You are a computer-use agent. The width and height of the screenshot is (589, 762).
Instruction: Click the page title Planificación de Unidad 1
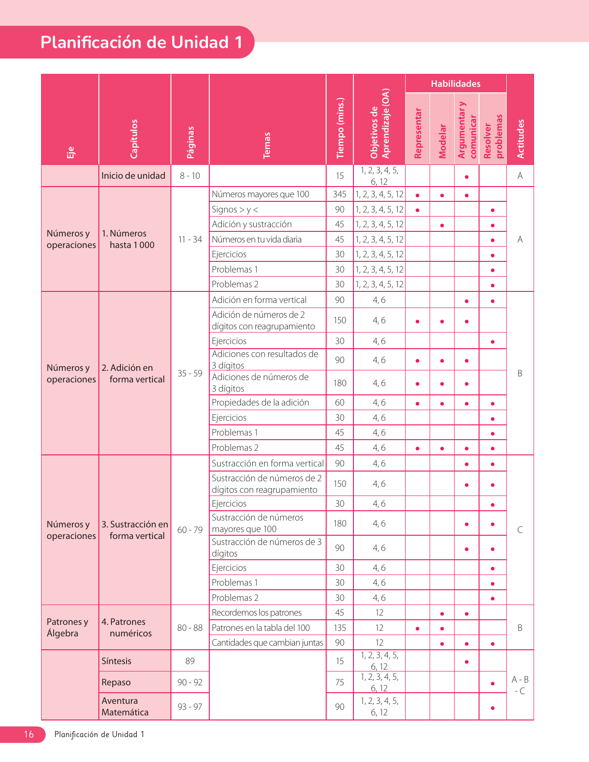point(141,42)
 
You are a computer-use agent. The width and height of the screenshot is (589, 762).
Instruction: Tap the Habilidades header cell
point(455,84)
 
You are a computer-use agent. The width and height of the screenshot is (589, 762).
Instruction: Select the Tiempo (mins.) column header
point(340,128)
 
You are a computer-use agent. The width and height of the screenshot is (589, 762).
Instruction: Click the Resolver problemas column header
point(492,136)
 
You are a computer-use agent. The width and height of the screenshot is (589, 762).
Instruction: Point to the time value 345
point(340,194)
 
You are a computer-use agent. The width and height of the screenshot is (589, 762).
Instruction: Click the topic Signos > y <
point(235,210)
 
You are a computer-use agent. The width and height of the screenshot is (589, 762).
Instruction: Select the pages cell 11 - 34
point(190,239)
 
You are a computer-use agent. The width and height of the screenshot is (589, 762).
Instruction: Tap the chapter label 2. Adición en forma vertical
point(134,374)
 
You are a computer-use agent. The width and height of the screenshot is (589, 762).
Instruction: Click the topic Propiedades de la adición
point(260,403)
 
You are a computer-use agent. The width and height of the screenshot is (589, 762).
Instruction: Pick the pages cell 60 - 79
point(190,530)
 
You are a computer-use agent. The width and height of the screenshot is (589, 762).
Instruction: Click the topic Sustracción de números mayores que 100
point(257,523)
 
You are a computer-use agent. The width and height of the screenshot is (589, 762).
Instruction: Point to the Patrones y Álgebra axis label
point(67,628)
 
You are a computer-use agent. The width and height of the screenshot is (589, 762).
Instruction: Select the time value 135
point(340,628)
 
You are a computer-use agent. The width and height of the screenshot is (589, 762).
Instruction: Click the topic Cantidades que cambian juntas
point(267,642)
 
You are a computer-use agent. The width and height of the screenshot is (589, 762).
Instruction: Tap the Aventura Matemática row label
point(125,707)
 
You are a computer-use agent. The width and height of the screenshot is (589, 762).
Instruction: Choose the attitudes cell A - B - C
point(520,685)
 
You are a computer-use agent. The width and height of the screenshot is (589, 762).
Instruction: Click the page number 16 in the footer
point(29,734)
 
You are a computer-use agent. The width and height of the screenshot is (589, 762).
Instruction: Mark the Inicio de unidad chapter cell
point(134,175)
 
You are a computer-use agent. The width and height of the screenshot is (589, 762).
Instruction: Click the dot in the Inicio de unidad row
point(467,177)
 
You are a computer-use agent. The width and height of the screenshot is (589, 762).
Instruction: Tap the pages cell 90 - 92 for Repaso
point(190,682)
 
